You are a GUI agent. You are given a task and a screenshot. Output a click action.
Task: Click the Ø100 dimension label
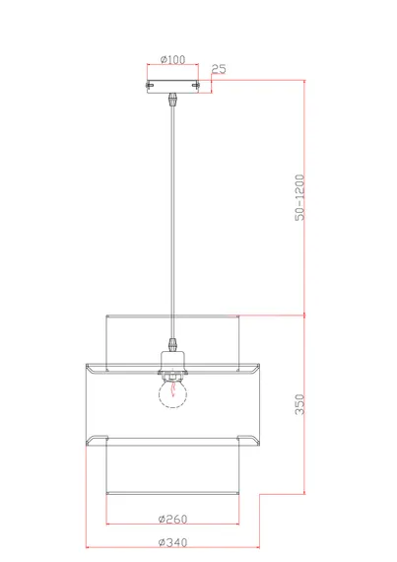tap(173, 59)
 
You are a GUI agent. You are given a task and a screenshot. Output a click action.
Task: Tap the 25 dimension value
tap(219, 69)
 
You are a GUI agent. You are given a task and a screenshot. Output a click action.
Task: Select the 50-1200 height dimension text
tap(299, 197)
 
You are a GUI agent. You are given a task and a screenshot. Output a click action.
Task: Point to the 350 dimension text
tap(299, 404)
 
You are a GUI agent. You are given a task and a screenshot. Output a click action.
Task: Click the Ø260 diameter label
tap(173, 519)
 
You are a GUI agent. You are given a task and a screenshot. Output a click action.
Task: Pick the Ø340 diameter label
tap(173, 542)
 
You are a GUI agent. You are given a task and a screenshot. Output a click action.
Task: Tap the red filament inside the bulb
tap(173, 389)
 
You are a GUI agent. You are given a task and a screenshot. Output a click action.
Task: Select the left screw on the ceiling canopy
tap(150, 86)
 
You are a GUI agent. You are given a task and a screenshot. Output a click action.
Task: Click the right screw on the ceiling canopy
tap(195, 86)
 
